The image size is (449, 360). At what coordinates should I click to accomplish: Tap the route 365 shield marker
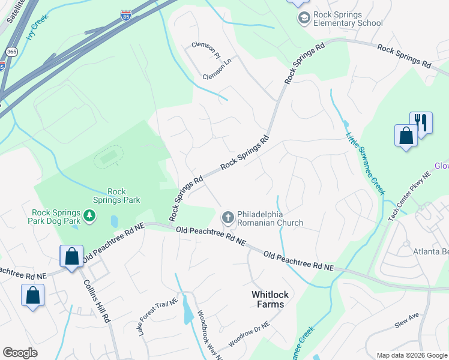[x=11, y=52]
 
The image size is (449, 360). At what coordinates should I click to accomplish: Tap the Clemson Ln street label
[x=217, y=61]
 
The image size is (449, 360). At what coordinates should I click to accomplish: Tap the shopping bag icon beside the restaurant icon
[x=406, y=135]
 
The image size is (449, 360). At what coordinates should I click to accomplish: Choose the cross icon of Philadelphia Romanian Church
[x=228, y=217]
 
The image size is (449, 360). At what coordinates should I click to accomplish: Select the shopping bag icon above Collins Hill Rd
[x=71, y=256]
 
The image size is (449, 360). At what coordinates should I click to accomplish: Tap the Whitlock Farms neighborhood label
[x=267, y=299]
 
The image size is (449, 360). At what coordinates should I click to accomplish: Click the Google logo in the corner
[x=20, y=353]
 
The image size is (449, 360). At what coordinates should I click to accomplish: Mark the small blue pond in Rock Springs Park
[x=115, y=221]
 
